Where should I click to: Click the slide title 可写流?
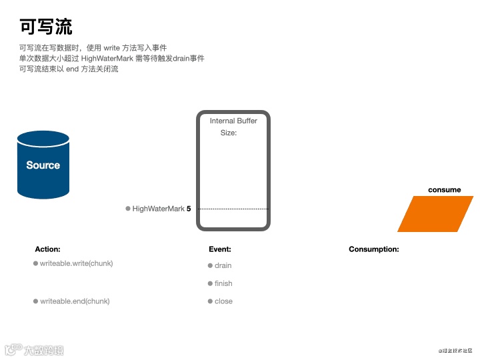46,27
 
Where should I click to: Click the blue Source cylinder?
43,165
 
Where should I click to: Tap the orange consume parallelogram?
435,214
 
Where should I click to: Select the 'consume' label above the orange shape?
444,190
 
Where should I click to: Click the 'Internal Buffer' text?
233,121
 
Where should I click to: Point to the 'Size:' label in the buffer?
229,133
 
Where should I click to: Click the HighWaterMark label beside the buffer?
158,209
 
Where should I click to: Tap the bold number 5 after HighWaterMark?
189,209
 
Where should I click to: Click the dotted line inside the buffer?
233,209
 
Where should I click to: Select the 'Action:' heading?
47,249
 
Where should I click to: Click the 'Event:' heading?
220,249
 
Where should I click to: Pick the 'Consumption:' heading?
374,249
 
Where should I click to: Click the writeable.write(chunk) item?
77,263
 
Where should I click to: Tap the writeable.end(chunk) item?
75,301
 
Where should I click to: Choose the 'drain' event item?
223,265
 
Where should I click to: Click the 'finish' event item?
223,283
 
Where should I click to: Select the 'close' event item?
223,301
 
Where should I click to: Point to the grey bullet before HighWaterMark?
128,209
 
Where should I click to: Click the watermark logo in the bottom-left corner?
35,349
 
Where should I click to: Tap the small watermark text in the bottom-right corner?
455,349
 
